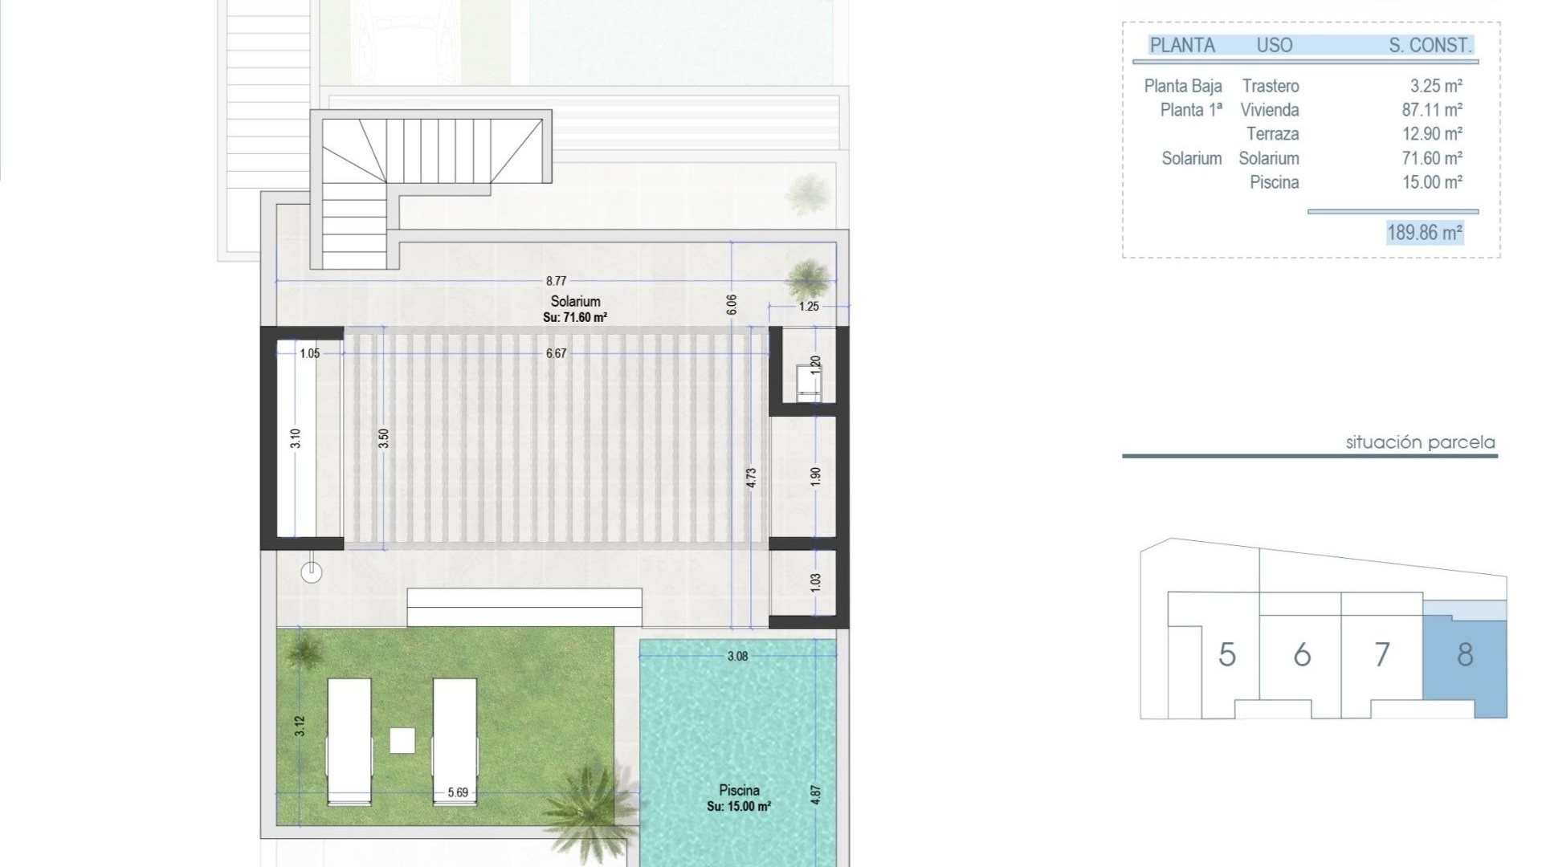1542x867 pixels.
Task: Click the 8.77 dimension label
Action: tap(556, 281)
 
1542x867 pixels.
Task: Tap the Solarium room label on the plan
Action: tap(575, 302)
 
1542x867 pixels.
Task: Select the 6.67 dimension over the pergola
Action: tap(556, 353)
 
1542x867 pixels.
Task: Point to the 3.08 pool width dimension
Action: tap(737, 657)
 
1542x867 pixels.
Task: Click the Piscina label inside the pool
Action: tap(739, 791)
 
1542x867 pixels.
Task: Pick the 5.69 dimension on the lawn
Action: tap(458, 793)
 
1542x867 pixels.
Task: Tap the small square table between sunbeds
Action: tap(402, 740)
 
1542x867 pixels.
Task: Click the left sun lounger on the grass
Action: tap(349, 740)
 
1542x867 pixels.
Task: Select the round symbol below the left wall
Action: tap(312, 572)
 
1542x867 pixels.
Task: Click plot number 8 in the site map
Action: tap(1465, 655)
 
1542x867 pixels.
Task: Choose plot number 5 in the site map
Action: tap(1226, 655)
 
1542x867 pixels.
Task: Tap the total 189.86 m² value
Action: tap(1425, 233)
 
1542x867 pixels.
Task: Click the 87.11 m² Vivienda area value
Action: tap(1432, 110)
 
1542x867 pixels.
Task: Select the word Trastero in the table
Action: tap(1270, 86)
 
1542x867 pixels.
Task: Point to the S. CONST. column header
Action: tap(1430, 46)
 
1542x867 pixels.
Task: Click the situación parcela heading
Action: tap(1420, 442)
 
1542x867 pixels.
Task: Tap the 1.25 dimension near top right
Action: tap(809, 307)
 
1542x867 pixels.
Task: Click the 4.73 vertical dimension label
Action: tap(751, 478)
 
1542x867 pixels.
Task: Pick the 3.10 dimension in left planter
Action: tap(296, 438)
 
